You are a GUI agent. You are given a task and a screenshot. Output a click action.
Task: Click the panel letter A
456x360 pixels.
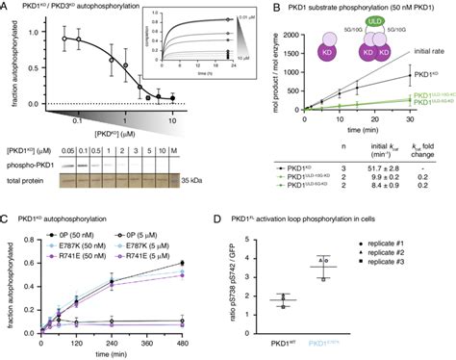pos(7,7)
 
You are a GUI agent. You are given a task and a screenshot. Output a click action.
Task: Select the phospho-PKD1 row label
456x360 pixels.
pos(31,165)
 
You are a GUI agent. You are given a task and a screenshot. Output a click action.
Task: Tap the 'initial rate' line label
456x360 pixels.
pos(430,50)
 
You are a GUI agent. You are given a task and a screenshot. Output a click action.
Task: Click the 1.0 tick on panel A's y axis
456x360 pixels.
pos(26,32)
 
